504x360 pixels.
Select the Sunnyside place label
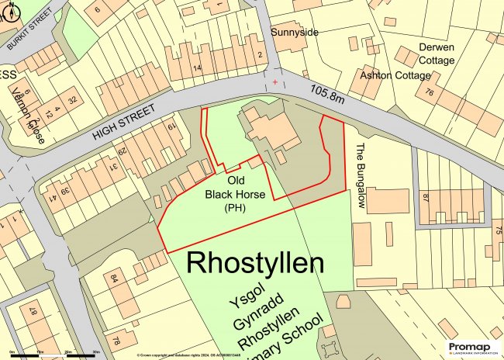pos(295,33)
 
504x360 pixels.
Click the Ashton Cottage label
pos(395,75)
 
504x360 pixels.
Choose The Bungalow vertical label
pos(361,175)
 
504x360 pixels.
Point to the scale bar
pos(54,354)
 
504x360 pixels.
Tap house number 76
pos(430,92)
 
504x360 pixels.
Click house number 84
pos(115,278)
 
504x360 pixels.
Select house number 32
pos(74,99)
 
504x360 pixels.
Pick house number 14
pos(198,68)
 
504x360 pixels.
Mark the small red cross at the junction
pos(274,81)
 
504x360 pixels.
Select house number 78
pos(116,341)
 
